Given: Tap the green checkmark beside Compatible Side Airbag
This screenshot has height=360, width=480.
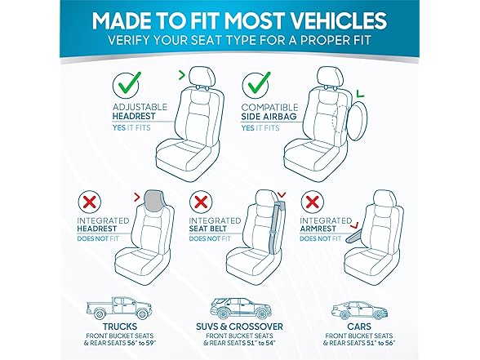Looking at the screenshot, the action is pos(256,82).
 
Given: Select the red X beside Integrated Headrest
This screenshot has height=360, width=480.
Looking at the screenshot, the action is pos(90,202).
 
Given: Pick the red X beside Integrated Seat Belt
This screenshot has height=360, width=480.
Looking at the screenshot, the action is pos(201,202).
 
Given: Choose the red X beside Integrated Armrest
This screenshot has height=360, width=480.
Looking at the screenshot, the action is pos(312,202).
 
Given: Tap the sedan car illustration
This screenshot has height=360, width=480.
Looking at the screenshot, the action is pos(359,309).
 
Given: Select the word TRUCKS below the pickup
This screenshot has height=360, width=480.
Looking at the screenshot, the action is pos(120,327).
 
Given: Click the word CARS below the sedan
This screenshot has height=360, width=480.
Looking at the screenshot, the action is pos(359,327).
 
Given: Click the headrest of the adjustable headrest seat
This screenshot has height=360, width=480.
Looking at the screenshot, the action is pos(202,77).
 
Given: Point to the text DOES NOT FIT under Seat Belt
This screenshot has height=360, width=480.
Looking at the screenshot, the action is pos(210,238).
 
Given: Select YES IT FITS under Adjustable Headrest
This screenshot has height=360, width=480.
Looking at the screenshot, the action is pos(131,127).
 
